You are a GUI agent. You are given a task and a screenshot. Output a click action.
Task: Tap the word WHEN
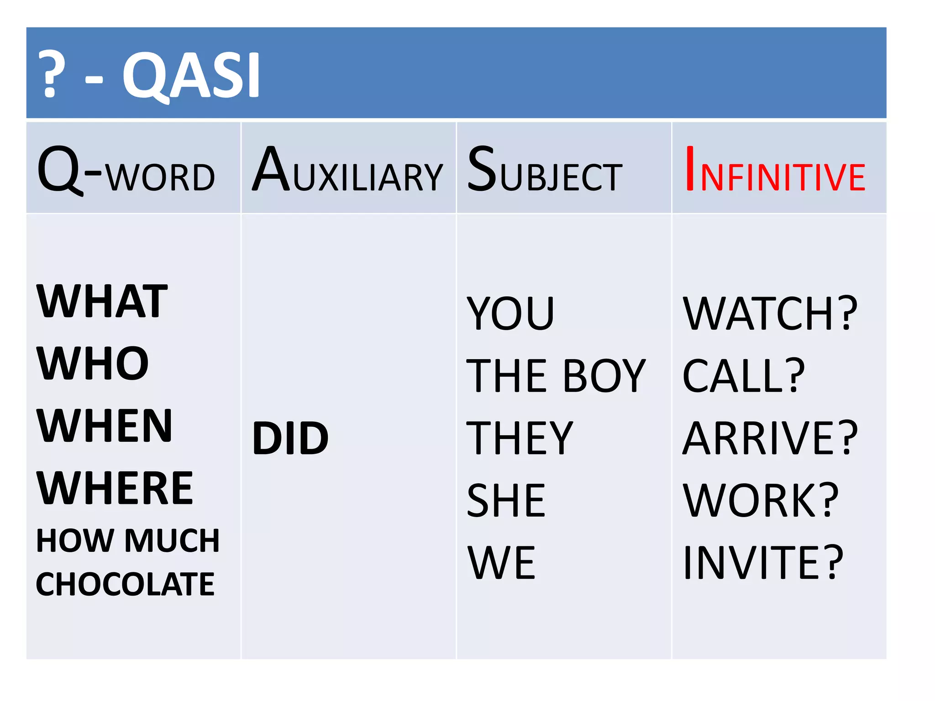click(x=105, y=426)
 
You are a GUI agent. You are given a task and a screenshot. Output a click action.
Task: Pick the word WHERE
click(x=115, y=488)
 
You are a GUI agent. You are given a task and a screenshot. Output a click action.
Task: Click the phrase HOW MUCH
click(x=128, y=541)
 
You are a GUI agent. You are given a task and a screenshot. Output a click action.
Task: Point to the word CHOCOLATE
click(x=125, y=585)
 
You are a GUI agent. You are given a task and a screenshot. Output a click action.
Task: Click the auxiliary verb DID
click(x=290, y=439)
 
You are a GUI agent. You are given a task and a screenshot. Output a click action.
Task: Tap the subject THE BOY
click(x=556, y=376)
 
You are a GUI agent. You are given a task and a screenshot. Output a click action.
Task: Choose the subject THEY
click(x=520, y=439)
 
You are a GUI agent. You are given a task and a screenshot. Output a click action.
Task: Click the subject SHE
click(x=506, y=501)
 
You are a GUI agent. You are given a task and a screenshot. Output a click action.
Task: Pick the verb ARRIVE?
click(x=770, y=439)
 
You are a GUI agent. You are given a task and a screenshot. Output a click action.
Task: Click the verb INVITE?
click(x=763, y=563)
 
